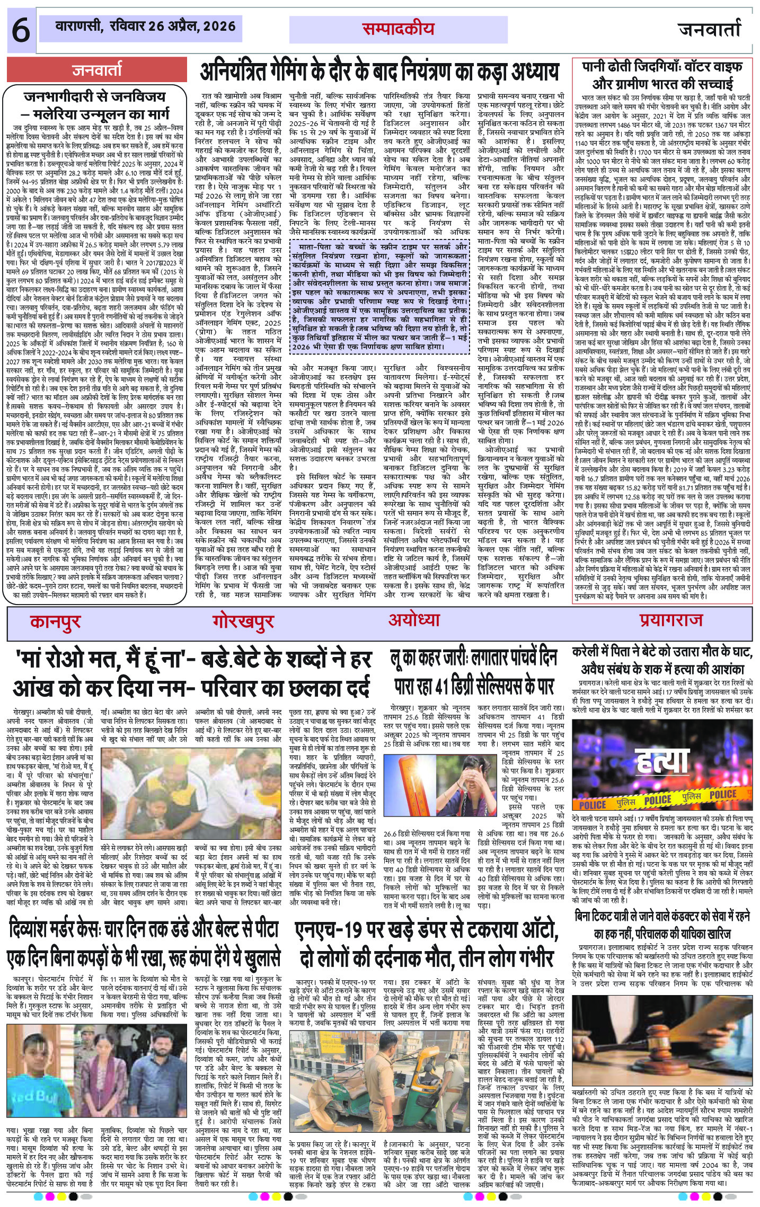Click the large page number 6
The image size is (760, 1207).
point(21,31)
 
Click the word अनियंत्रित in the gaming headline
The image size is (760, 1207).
point(236,72)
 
